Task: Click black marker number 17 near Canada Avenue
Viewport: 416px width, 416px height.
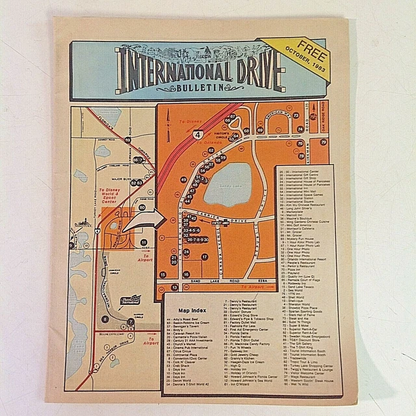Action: pyautogui.click(x=204, y=257)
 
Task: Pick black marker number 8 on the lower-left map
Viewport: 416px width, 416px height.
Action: pyautogui.click(x=105, y=318)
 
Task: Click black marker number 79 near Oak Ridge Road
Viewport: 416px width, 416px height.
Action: pyautogui.click(x=322, y=142)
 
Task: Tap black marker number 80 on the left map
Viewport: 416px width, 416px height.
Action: pyautogui.click(x=142, y=207)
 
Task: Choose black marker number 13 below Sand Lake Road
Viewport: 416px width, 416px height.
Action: pyautogui.click(x=174, y=287)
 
